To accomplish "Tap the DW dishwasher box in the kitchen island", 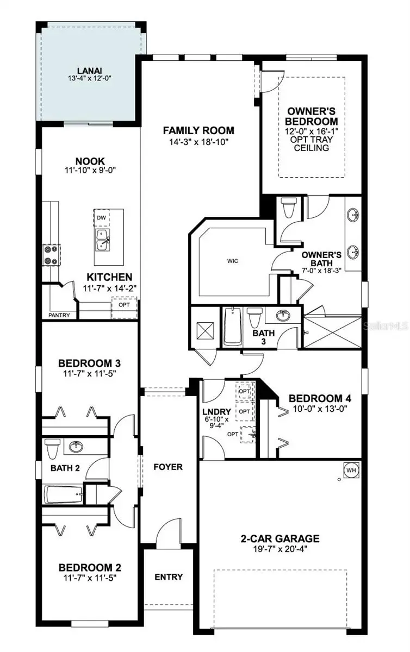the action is pyautogui.click(x=101, y=217).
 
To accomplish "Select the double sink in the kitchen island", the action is pyautogui.click(x=102, y=240).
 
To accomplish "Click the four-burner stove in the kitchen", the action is pyautogui.click(x=52, y=255).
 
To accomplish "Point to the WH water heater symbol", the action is pyautogui.click(x=351, y=470).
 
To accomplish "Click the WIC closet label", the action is pyautogui.click(x=233, y=261).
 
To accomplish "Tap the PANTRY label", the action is pyautogui.click(x=59, y=315).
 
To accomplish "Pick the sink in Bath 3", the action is pyautogui.click(x=283, y=316).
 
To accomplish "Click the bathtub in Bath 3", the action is pyautogui.click(x=233, y=327).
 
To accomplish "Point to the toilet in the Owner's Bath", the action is pyautogui.click(x=289, y=208).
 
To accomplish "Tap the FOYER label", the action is pyautogui.click(x=168, y=467).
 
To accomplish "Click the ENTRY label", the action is pyautogui.click(x=169, y=576).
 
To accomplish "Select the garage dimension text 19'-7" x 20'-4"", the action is pyautogui.click(x=279, y=549).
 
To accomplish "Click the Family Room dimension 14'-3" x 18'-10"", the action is pyautogui.click(x=198, y=142).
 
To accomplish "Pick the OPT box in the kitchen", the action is pyautogui.click(x=124, y=308).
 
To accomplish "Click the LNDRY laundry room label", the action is pyautogui.click(x=217, y=412).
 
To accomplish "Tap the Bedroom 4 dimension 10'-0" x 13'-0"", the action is pyautogui.click(x=320, y=409).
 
